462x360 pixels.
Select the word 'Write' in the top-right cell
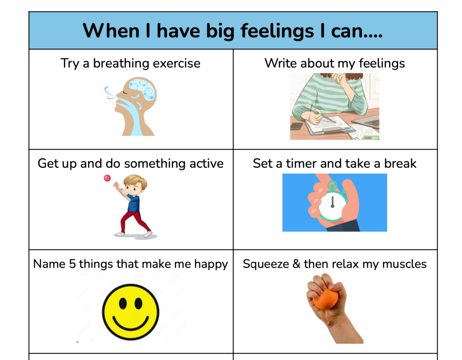coord(280,63)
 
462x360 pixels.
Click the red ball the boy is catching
coord(107,178)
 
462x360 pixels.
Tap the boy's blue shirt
coord(133,203)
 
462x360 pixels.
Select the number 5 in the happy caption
coord(72,264)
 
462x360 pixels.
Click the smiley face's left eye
coord(123,303)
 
